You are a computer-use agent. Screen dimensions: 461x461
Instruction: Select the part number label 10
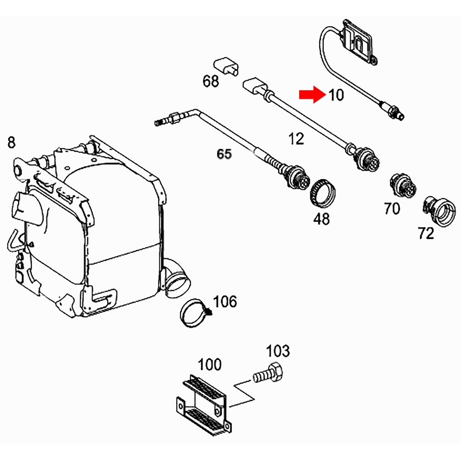pos(336,95)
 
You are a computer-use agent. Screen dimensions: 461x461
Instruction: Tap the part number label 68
pos(211,82)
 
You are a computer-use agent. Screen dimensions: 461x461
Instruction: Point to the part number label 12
pos(296,138)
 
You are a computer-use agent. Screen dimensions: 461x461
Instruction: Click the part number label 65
pos(224,154)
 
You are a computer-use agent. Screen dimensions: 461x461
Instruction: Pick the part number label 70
pos(392,209)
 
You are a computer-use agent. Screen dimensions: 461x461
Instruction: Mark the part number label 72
pos(426,234)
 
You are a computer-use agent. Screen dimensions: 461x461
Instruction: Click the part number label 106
pos(225,302)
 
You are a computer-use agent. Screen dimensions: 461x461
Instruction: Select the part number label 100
pos(210,365)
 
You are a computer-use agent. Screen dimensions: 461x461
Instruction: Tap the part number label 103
pos(278,351)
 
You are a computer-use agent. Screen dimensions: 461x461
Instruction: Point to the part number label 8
pos(11,142)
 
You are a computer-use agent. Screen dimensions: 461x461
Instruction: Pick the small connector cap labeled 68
pos(226,65)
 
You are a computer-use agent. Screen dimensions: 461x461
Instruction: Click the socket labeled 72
pos(440,210)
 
